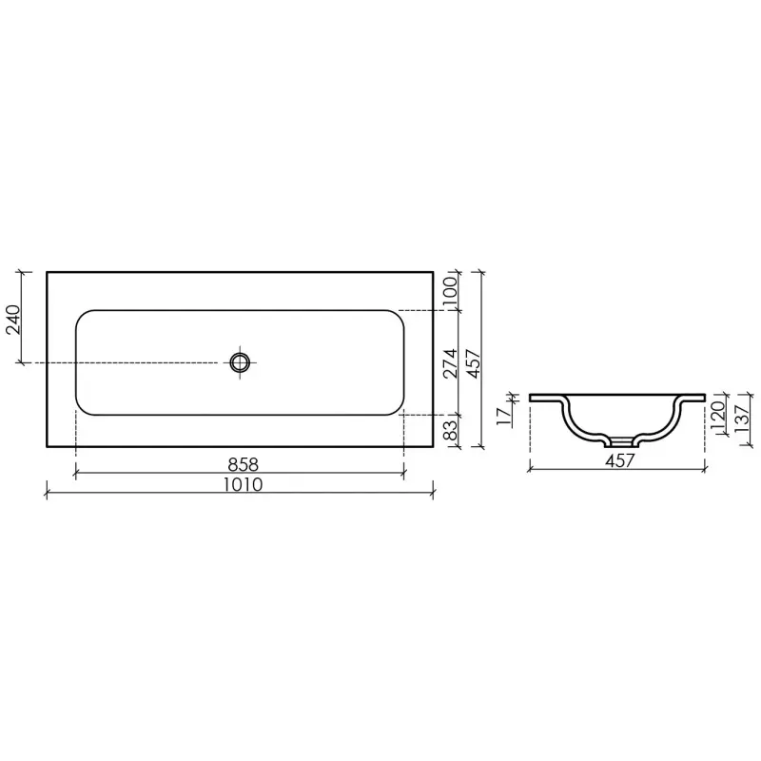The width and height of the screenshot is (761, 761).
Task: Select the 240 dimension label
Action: coord(13,320)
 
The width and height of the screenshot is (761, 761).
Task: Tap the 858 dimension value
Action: coord(244,464)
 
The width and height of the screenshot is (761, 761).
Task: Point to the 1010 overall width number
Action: coord(244,484)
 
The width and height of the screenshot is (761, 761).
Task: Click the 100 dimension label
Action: coord(450,290)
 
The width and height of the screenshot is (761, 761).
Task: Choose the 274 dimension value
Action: coord(450,363)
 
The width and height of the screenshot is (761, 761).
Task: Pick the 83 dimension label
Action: coord(450,430)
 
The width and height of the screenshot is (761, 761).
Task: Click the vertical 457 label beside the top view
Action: coord(473,363)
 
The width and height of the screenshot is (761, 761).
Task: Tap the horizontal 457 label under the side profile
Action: coord(620,460)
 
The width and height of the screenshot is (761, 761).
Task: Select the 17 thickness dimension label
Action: coord(504,416)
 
